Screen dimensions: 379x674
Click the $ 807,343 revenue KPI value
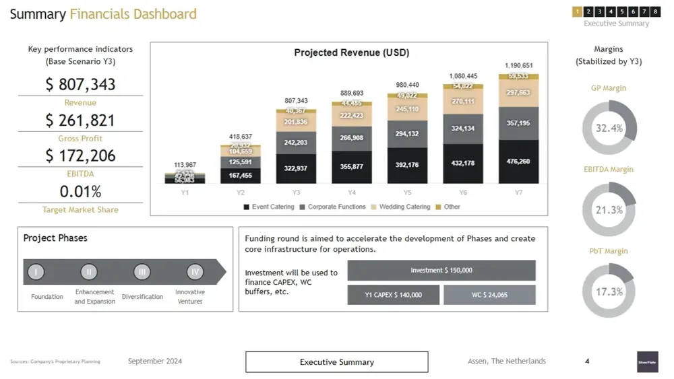[80, 85]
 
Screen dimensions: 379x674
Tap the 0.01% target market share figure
[80, 192]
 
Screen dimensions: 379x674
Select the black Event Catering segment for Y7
[518, 162]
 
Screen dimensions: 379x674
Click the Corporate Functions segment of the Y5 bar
[407, 134]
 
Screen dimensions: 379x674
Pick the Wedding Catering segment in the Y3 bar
[296, 122]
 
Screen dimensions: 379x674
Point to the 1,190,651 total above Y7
[518, 66]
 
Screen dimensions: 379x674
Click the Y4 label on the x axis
[352, 193]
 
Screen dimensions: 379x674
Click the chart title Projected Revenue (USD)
[351, 53]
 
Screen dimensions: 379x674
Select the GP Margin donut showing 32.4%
[609, 128]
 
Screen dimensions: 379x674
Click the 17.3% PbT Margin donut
[609, 291]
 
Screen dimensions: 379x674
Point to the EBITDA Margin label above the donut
[609, 170]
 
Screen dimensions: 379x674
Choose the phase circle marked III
[142, 272]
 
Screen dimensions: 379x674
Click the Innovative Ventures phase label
[190, 297]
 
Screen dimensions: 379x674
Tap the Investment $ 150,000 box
[441, 271]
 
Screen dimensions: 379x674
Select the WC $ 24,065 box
[489, 295]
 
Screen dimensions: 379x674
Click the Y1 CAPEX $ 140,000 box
[394, 295]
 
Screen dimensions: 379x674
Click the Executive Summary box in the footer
[336, 362]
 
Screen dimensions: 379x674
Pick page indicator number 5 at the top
[621, 11]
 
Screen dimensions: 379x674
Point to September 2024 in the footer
[155, 361]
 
